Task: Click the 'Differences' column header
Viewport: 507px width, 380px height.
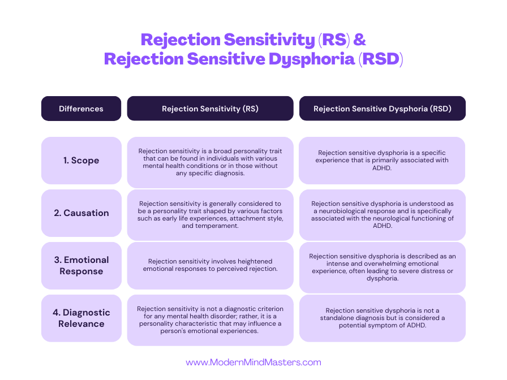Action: click(81, 109)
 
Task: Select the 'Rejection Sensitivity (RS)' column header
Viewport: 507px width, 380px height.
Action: click(210, 109)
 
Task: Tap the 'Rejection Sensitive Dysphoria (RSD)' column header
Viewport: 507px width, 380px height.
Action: click(383, 109)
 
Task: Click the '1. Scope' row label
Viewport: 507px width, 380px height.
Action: click(81, 161)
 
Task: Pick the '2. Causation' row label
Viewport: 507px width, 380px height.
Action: click(81, 213)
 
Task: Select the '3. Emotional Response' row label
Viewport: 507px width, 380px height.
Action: click(81, 265)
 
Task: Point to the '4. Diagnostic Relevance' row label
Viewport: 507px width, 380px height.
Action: click(81, 318)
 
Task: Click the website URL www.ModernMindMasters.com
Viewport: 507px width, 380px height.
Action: click(253, 362)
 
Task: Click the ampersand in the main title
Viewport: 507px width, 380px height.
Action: click(360, 40)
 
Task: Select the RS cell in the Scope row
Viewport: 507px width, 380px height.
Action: click(210, 162)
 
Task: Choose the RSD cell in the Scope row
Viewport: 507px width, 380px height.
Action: click(383, 161)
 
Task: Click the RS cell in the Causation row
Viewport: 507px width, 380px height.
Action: click(210, 214)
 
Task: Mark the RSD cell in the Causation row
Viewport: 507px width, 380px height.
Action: click(383, 214)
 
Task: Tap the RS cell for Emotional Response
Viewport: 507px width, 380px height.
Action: click(210, 265)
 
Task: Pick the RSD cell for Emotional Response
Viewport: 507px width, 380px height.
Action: click(383, 267)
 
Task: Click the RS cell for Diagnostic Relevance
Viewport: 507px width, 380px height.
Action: click(210, 319)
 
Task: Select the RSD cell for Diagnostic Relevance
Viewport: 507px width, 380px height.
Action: click(383, 318)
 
